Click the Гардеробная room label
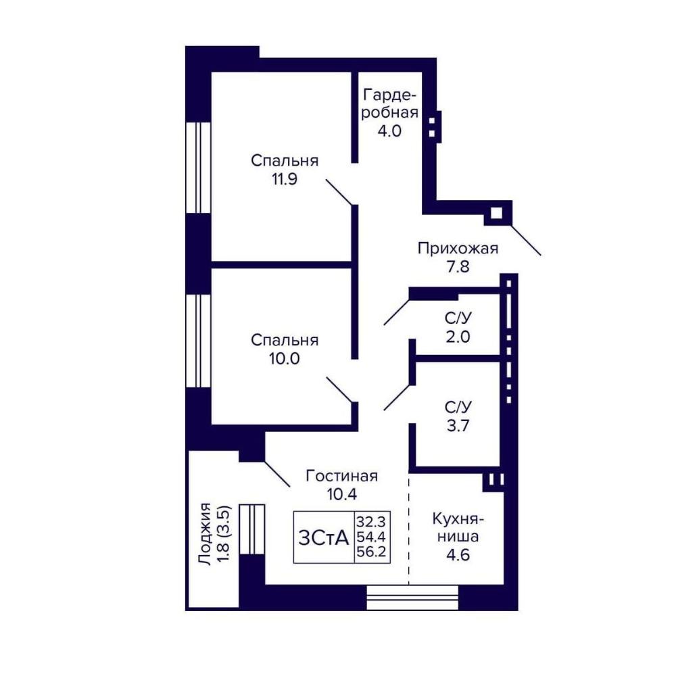(x=390, y=103)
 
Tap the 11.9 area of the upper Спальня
(x=285, y=179)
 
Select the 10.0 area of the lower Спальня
(x=285, y=359)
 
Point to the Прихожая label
(x=458, y=249)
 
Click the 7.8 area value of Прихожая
(x=458, y=267)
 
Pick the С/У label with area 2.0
(x=458, y=318)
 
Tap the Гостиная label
(x=342, y=476)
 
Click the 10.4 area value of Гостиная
(x=342, y=494)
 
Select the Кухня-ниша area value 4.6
(x=458, y=555)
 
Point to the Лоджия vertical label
(x=206, y=534)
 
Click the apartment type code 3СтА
(x=323, y=537)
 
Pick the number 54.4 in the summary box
(x=370, y=537)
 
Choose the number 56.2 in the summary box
(x=370, y=552)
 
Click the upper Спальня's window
(x=198, y=168)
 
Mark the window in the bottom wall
(x=412, y=598)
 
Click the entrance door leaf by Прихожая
(x=526, y=240)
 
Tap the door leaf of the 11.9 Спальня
(x=340, y=192)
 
